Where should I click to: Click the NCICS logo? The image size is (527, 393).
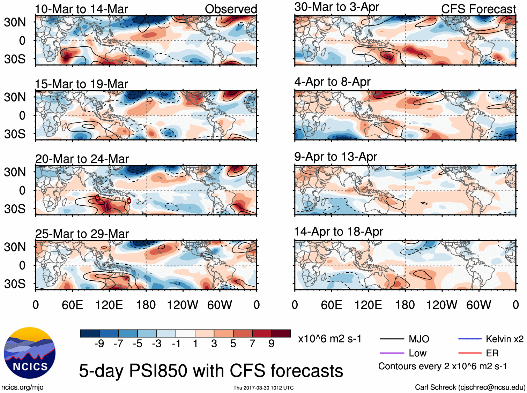[30, 353]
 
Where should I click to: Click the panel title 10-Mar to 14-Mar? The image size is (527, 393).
[81, 9]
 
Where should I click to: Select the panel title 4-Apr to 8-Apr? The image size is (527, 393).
[332, 82]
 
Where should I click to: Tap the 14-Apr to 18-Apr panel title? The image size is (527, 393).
[339, 232]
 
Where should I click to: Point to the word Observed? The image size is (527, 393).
[231, 9]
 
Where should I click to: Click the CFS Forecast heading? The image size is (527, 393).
[478, 9]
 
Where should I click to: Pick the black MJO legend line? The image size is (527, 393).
[392, 339]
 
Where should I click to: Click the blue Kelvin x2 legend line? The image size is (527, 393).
[470, 339]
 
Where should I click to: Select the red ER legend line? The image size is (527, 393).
[470, 353]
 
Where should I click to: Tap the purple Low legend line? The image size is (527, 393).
[392, 353]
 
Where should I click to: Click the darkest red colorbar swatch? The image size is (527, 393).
[281, 333]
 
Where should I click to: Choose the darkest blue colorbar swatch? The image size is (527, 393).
[90, 333]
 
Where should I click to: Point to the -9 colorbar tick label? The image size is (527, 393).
[99, 344]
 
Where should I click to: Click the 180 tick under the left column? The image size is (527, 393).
[146, 305]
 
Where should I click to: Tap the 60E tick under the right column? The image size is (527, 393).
[331, 305]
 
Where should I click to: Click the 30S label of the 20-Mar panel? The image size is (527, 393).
[15, 209]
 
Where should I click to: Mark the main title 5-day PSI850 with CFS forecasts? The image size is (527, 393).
[211, 371]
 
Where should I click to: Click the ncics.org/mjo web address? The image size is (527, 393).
[22, 387]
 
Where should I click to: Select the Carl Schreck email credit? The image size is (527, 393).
[470, 387]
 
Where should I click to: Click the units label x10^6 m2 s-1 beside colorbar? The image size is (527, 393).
[329, 339]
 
